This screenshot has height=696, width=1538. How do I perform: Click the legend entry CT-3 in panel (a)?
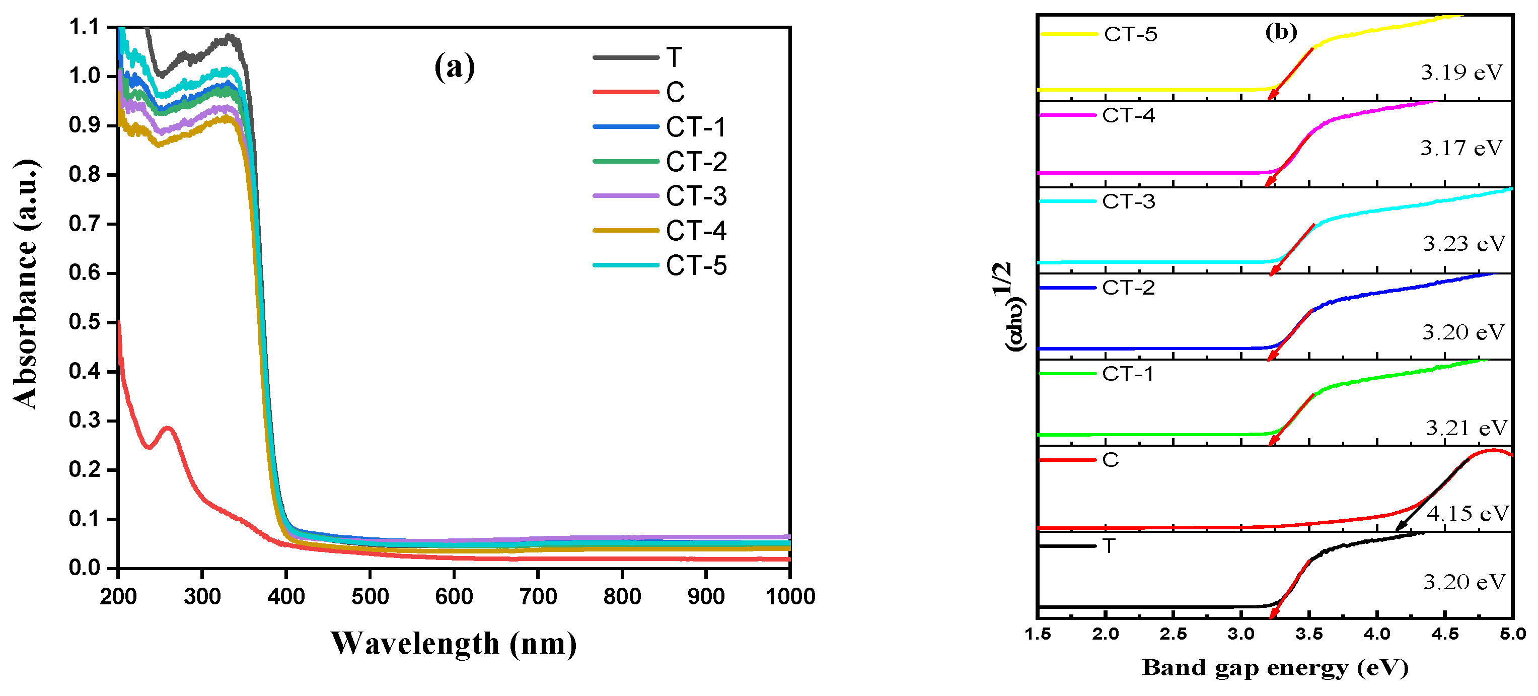tap(696, 196)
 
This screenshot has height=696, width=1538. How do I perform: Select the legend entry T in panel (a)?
tap(674, 57)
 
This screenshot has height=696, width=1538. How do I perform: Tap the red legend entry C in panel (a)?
tap(675, 92)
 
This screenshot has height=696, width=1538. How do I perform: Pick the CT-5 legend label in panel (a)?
tap(696, 265)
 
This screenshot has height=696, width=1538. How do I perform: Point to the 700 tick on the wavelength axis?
tap(538, 596)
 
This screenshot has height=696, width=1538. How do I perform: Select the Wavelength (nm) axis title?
tap(454, 644)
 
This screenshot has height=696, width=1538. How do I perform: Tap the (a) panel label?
tap(455, 67)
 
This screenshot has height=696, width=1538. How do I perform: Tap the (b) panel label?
tap(1281, 32)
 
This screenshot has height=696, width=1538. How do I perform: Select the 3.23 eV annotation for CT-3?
tap(1464, 244)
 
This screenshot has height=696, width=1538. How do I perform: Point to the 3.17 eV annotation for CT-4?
tap(1460, 148)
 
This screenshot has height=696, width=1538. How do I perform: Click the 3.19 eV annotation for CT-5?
tap(1460, 73)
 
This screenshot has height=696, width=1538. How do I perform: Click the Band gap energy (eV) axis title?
tap(1275, 668)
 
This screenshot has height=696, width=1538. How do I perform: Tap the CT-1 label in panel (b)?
tap(1127, 374)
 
